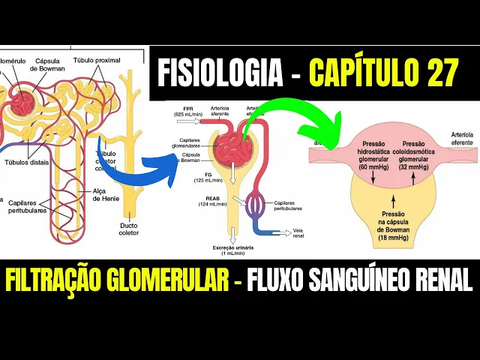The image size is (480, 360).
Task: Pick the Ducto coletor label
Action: pyautogui.click(x=128, y=227)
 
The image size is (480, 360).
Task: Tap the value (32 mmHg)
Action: pyautogui.click(x=415, y=167)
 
